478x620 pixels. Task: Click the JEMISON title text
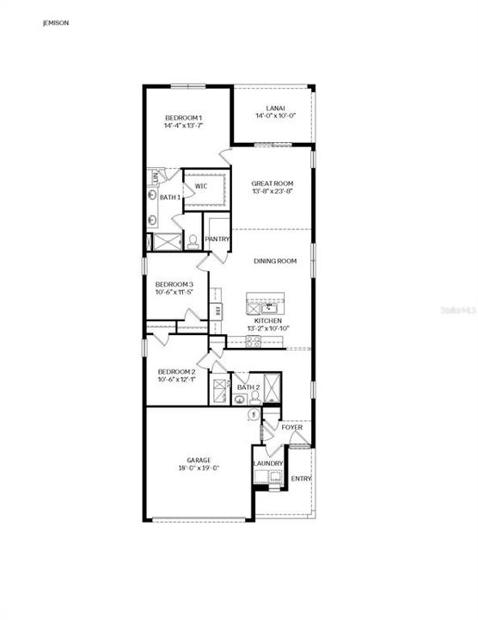tap(56, 24)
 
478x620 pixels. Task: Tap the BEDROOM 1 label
tap(183, 117)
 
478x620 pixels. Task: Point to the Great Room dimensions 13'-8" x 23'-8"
tap(273, 191)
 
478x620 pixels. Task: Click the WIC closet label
tap(200, 185)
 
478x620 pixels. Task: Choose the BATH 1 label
tap(170, 197)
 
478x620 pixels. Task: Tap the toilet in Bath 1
tap(193, 240)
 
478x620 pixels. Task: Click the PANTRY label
tap(217, 239)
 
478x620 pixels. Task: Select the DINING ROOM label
tap(274, 260)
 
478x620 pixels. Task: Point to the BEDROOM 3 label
tap(175, 284)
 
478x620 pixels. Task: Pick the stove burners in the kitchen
tap(254, 342)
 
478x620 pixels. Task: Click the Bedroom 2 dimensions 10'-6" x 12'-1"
tap(175, 380)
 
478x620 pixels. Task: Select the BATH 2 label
tap(248, 387)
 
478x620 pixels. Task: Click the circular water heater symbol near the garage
tap(254, 415)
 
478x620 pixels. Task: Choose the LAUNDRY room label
tap(267, 464)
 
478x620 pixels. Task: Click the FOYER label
tap(291, 427)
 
